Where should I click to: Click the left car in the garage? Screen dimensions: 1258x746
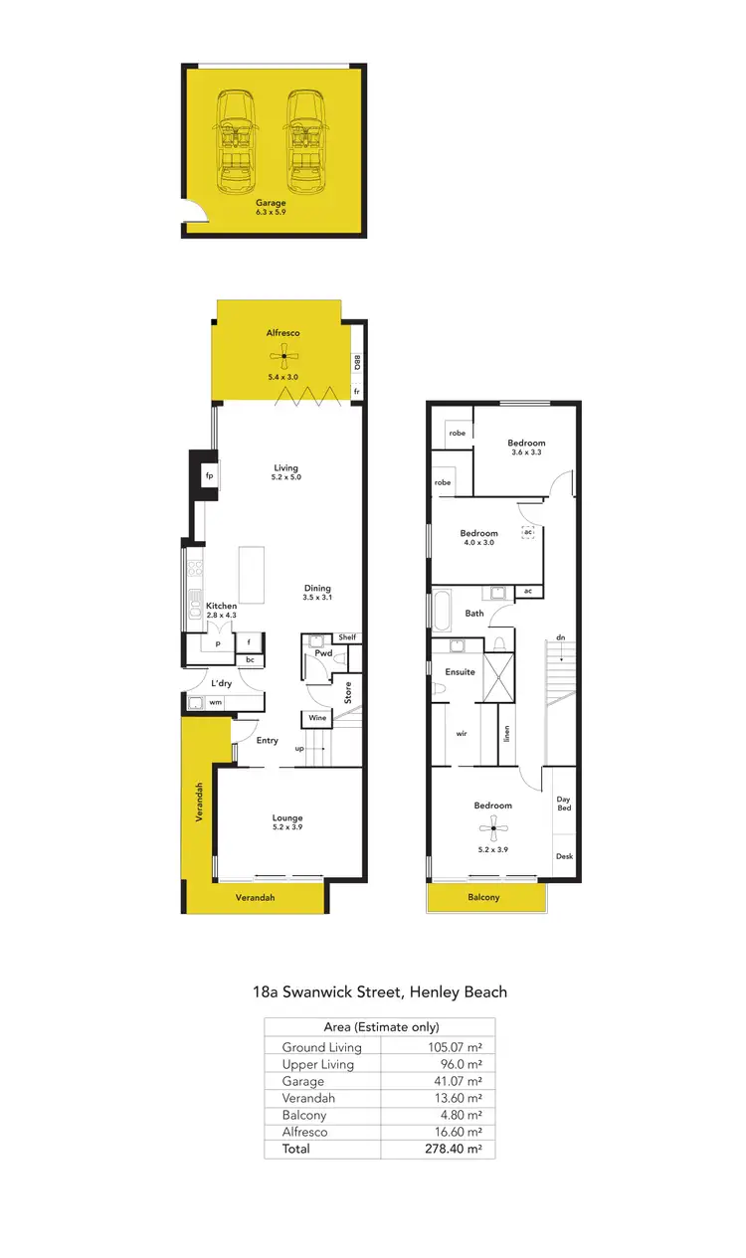(236, 141)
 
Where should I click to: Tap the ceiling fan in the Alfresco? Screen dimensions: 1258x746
(283, 356)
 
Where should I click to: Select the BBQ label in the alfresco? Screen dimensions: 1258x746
(357, 363)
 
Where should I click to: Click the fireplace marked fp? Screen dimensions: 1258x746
(209, 475)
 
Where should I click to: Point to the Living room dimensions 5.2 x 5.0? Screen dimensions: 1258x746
(285, 478)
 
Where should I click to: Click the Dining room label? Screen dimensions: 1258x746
(317, 588)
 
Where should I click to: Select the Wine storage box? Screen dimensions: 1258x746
(317, 718)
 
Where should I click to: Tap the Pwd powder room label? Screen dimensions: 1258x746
(323, 653)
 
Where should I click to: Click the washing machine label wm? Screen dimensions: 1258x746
(215, 703)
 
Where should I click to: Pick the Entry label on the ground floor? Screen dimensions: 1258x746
(267, 740)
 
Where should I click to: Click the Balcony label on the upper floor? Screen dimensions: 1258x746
(484, 897)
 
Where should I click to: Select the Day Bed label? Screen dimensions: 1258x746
(563, 803)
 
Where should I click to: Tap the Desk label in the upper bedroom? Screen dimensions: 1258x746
(564, 856)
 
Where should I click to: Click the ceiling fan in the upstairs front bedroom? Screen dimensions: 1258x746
(493, 828)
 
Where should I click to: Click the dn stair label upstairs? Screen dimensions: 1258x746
(561, 637)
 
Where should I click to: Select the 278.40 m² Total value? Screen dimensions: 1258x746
(452, 1149)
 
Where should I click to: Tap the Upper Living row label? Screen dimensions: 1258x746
(317, 1064)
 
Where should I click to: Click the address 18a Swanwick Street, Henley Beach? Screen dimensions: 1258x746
(379, 991)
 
